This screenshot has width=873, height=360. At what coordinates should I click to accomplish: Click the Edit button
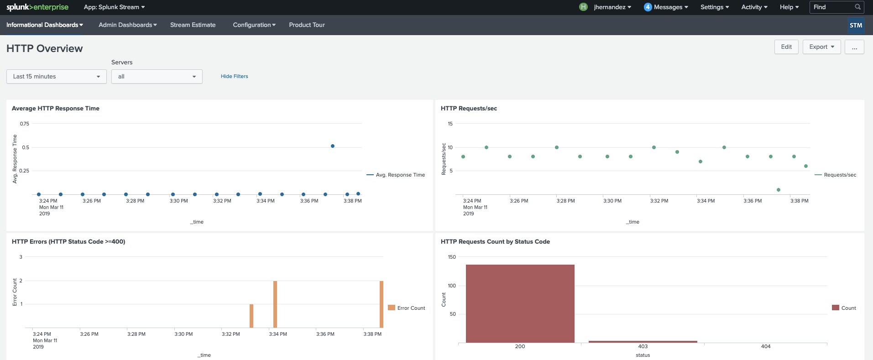click(x=786, y=47)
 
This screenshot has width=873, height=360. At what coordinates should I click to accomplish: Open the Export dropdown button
click(x=821, y=47)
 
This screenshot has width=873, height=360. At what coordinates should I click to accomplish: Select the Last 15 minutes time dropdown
click(x=57, y=77)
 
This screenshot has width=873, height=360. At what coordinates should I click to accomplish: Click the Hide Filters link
click(x=235, y=76)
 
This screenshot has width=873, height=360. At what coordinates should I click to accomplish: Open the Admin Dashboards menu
click(x=128, y=25)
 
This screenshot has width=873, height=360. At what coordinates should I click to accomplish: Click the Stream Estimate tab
click(x=193, y=25)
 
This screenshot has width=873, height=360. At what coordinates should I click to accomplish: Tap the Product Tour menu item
click(x=307, y=25)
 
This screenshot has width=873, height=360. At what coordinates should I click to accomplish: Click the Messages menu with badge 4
click(x=666, y=7)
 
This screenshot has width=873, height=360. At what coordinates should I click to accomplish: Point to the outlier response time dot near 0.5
click(x=333, y=146)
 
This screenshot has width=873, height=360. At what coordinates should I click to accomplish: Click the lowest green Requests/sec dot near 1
click(x=779, y=190)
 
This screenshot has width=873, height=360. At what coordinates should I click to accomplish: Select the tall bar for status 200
click(x=520, y=303)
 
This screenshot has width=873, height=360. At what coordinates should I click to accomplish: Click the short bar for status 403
click(x=643, y=342)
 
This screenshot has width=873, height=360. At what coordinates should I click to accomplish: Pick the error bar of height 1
click(x=251, y=316)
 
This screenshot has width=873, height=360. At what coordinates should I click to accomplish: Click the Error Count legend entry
click(x=407, y=308)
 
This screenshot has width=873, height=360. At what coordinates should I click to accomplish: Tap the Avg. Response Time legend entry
click(x=396, y=175)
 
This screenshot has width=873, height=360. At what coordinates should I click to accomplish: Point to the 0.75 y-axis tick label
click(x=25, y=124)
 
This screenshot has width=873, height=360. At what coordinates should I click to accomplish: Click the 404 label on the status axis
click(x=766, y=346)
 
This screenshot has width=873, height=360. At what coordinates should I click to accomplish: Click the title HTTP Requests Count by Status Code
click(x=495, y=242)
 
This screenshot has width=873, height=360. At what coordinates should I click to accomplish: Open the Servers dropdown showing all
click(x=157, y=77)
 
